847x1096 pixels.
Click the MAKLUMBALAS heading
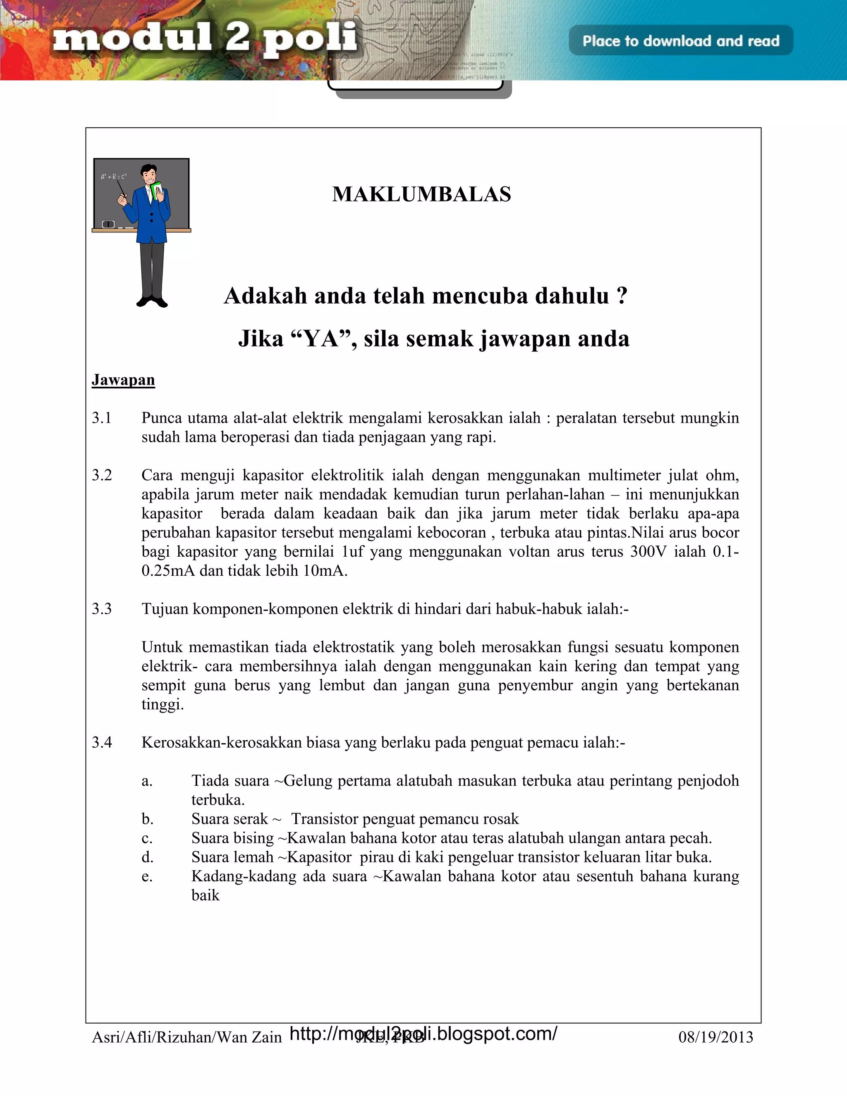coord(421,194)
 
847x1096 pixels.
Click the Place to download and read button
coord(680,41)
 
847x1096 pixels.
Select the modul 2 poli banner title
coord(205,39)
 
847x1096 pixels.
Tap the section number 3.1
coord(101,418)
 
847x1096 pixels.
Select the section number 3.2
coord(101,475)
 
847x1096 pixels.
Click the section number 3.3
coord(101,609)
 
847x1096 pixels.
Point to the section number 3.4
coord(101,742)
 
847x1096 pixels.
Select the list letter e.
coord(146,876)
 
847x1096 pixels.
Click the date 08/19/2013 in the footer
coord(715,1037)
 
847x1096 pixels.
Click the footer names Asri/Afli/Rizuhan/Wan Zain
coord(187,1037)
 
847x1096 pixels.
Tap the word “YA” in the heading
coord(321,339)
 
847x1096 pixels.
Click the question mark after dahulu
coord(622,296)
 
